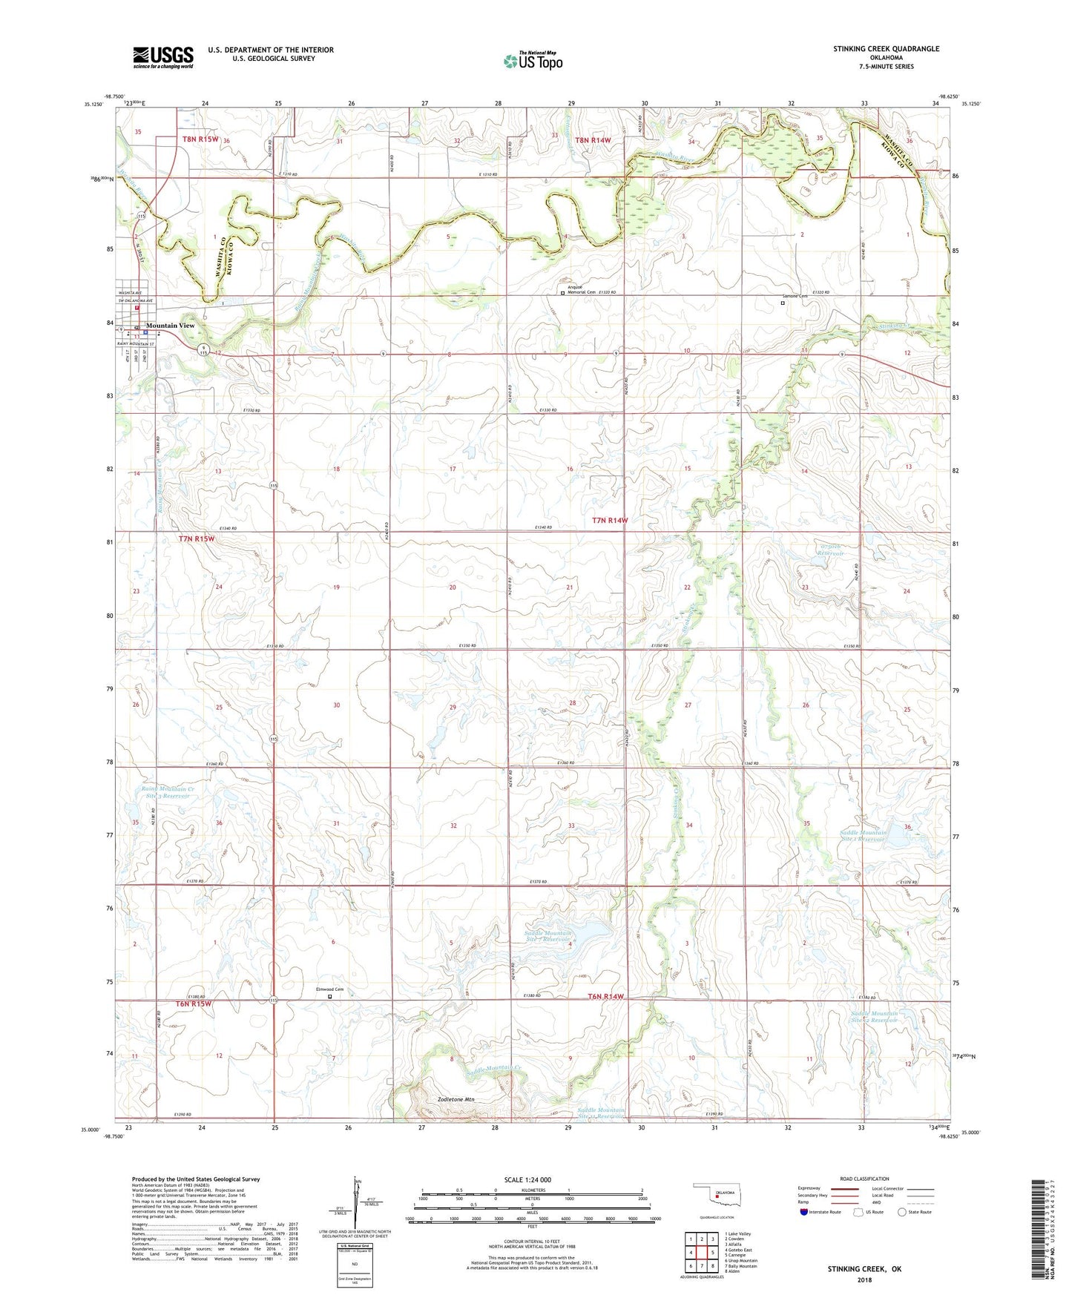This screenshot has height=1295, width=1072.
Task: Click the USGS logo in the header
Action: pos(163,57)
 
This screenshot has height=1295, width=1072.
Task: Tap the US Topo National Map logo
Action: pos(533,61)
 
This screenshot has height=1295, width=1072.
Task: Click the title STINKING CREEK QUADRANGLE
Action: pos(886,49)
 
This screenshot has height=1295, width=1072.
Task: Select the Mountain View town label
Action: pos(170,326)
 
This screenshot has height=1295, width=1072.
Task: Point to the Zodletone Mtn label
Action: pos(456,1099)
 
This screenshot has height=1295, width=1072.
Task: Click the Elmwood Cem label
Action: pos(329,989)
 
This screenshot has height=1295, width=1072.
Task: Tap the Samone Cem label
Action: pos(795,296)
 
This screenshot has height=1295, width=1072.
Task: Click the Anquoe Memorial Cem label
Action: pos(582,289)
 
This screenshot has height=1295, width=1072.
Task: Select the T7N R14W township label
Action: pos(610,521)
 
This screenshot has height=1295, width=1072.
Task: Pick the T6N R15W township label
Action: pos(194,1004)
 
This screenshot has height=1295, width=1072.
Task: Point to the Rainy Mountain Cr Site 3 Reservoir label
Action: pos(168,793)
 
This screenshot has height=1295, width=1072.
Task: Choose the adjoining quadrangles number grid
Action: pos(701,1254)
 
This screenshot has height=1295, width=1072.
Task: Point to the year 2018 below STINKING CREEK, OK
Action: pos(864,1279)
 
